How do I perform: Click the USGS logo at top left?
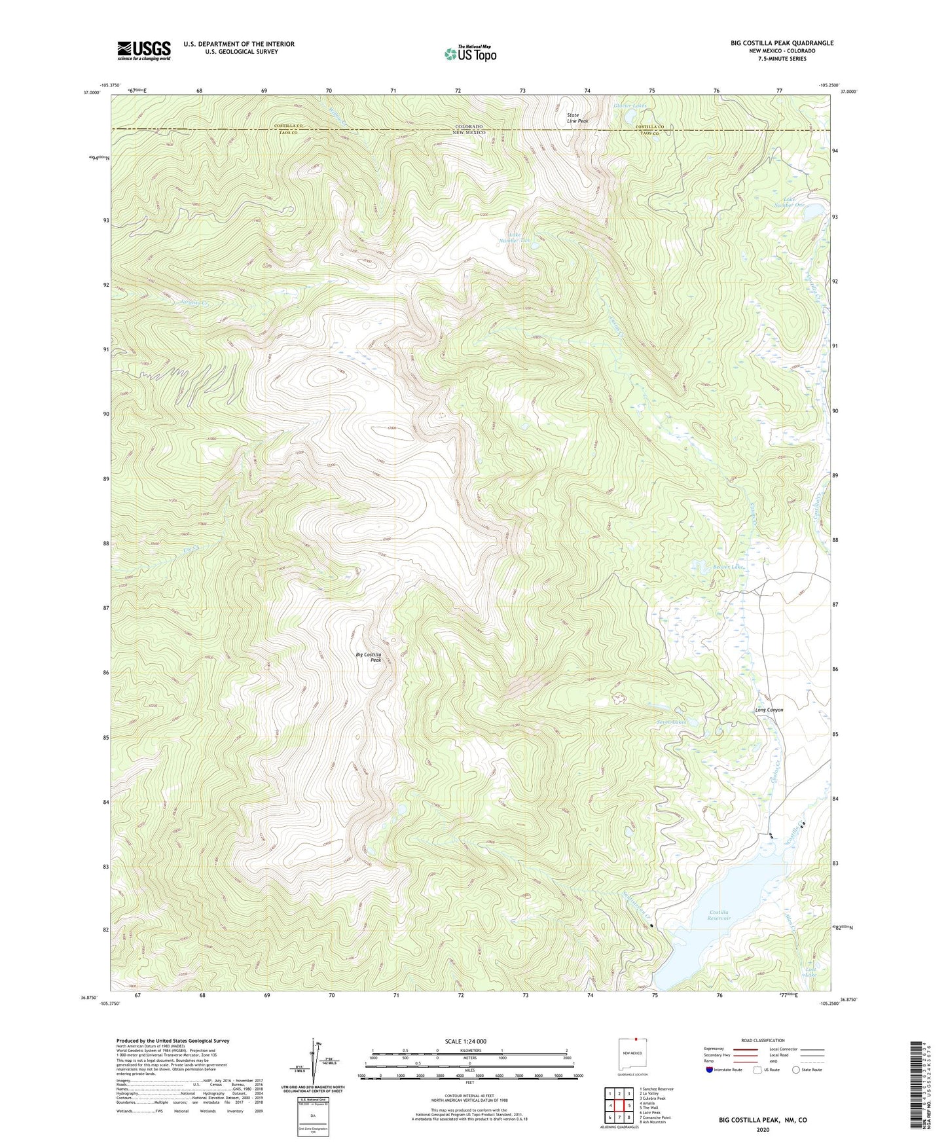coord(144,50)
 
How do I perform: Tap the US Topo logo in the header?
coord(469,54)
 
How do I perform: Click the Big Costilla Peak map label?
coord(369,657)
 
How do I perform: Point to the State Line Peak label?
coord(577,118)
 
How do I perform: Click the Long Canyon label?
coord(769,710)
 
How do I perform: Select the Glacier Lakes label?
coord(629,105)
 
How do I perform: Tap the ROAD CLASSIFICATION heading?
coord(763,1040)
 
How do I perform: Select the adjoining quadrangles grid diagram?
coord(619,1107)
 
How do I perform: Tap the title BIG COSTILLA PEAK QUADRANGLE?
coord(782,43)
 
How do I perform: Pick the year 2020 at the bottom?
coord(763,1129)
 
